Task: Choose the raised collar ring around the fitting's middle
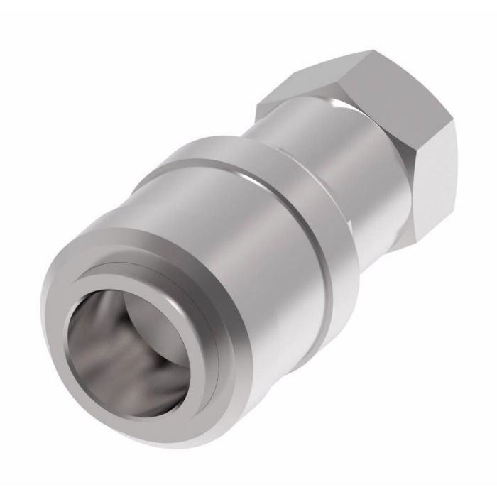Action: tap(284, 213)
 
